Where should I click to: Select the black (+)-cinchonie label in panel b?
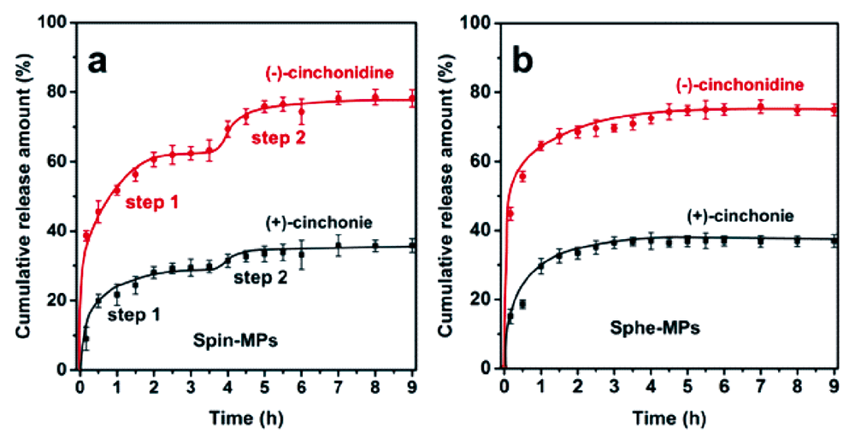coord(737,215)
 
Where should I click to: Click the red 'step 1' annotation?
coord(154,202)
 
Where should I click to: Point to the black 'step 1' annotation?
coord(135,316)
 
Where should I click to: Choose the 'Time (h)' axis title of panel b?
coord(670,418)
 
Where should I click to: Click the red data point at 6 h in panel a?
coord(302,111)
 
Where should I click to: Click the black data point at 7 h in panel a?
coord(339,246)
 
